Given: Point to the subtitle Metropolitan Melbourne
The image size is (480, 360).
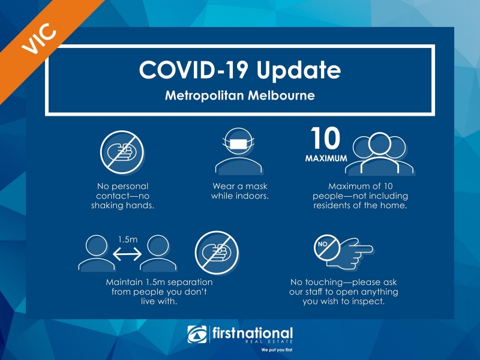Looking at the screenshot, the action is click(x=240, y=95).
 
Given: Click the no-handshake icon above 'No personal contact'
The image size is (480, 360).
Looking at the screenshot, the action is click(x=122, y=152).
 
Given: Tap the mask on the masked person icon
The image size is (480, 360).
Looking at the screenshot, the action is click(x=238, y=144).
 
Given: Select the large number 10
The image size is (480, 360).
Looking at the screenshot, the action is click(x=325, y=138).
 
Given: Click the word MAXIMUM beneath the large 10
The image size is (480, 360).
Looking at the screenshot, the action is click(x=326, y=158).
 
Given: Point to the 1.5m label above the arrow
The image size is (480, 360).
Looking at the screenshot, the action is click(x=128, y=239).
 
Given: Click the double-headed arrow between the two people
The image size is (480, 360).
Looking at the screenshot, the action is click(x=127, y=254).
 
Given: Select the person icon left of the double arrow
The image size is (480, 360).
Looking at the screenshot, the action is click(x=97, y=253).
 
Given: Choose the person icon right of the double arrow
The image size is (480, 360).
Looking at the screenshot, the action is click(x=158, y=253).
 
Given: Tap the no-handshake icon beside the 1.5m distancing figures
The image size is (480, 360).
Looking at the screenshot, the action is click(x=217, y=253).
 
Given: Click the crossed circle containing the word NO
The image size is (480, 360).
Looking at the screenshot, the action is click(x=326, y=248).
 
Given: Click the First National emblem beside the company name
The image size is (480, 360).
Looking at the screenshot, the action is click(x=197, y=334).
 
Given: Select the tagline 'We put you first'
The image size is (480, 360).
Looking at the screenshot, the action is click(x=277, y=350).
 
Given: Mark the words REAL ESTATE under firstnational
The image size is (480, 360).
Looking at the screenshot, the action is click(x=269, y=341).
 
